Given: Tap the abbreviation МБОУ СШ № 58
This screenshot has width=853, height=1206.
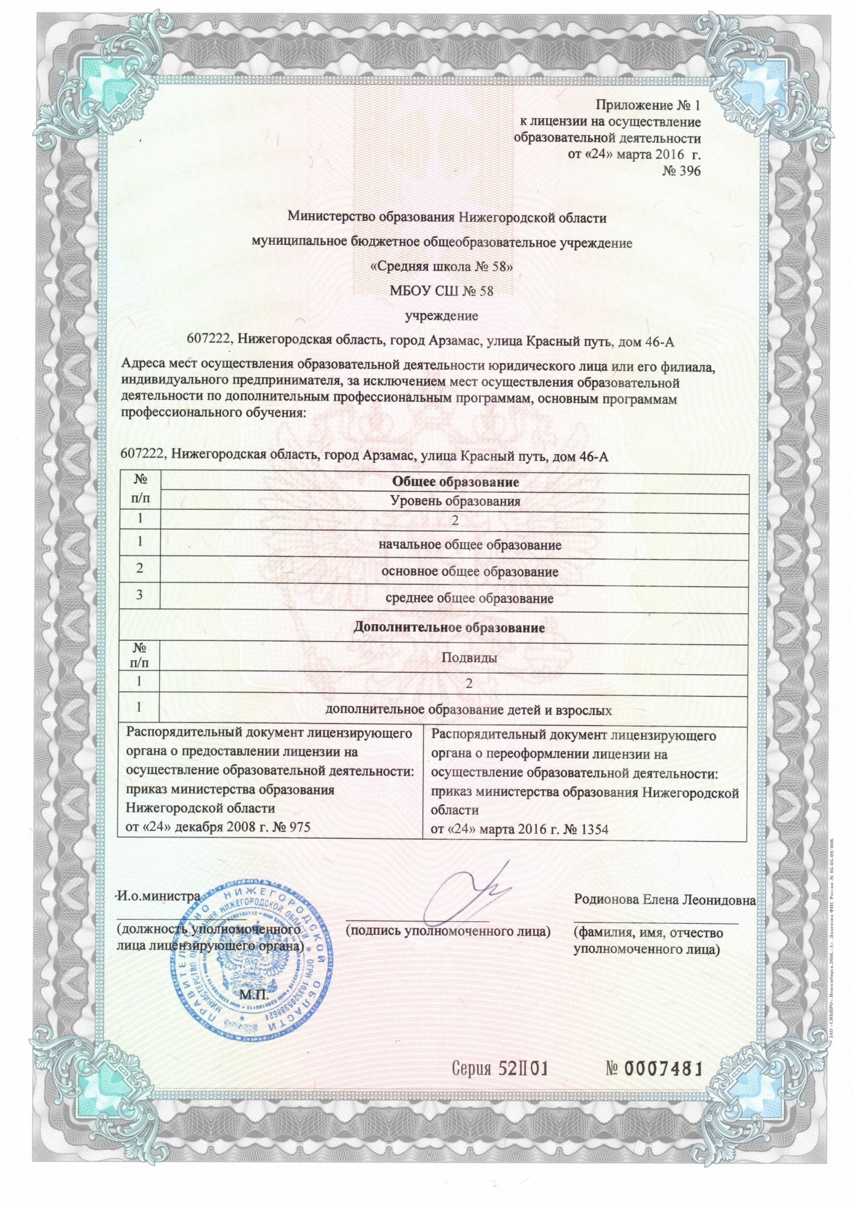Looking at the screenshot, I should (x=442, y=291).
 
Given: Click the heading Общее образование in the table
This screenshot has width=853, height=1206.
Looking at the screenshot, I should (x=455, y=482).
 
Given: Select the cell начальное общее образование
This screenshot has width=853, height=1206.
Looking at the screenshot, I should (x=470, y=545).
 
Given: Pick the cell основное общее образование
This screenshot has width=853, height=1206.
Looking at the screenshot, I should (x=470, y=572).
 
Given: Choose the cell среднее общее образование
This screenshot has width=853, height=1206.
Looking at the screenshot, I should (x=469, y=599).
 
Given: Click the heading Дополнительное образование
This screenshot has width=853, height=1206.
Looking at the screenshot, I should (x=449, y=628).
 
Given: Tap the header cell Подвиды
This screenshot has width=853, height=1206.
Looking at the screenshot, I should (x=469, y=657).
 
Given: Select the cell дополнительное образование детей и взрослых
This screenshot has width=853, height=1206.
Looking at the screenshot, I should (x=469, y=710).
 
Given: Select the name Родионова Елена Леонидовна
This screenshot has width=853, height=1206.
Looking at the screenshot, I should (x=664, y=900).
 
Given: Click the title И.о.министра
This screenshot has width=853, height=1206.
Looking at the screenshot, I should (x=158, y=895).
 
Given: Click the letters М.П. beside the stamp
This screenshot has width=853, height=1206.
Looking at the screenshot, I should (x=253, y=993).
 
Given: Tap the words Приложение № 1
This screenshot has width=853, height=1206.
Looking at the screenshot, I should (x=648, y=106).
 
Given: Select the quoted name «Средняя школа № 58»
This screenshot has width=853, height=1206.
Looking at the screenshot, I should (x=442, y=267).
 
